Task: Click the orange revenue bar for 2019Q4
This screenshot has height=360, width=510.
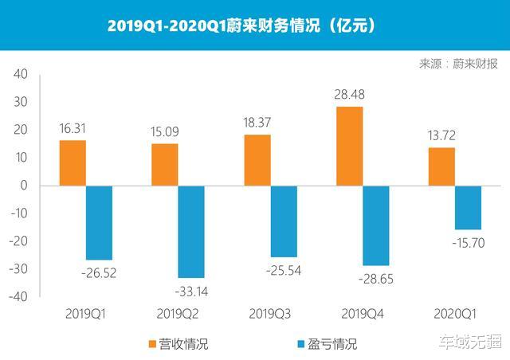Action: (x=349, y=146)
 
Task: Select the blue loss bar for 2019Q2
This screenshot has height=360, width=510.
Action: (x=191, y=231)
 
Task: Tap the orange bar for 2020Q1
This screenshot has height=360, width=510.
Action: (x=441, y=166)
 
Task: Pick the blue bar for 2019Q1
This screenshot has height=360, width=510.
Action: (x=99, y=222)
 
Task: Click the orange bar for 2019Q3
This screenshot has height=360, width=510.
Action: (x=257, y=160)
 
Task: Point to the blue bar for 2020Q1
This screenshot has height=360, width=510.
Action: (x=469, y=207)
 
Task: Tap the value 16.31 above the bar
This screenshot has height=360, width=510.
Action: (x=73, y=127)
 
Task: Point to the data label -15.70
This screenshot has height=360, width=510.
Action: (x=468, y=243)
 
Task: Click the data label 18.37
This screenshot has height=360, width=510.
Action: (x=257, y=122)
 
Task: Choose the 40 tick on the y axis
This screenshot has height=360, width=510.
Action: (x=21, y=74)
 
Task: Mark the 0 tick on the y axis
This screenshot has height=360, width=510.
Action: (x=24, y=186)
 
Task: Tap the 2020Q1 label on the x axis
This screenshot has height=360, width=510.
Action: (x=455, y=314)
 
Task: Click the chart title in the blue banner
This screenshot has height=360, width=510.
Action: (x=242, y=25)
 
